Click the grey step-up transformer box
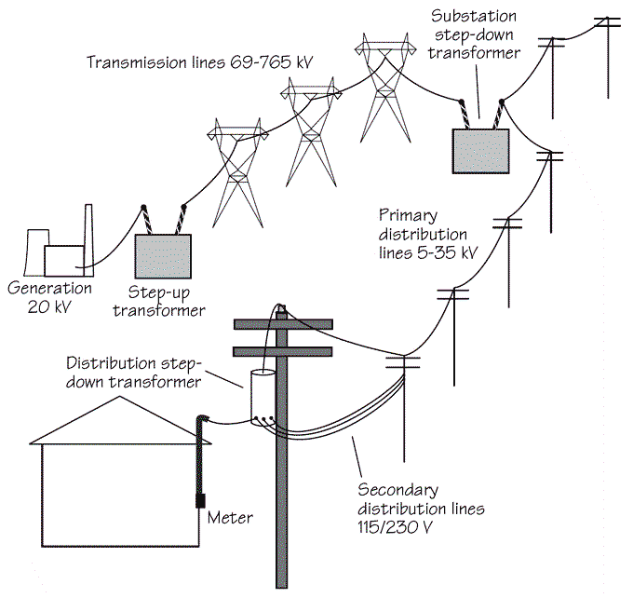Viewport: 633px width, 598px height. [x=163, y=256]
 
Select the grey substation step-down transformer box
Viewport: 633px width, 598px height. [x=480, y=152]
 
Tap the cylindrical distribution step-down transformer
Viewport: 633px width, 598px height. [x=263, y=398]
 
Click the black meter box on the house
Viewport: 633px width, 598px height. [x=200, y=500]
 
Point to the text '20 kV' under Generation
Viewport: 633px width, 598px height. [x=49, y=307]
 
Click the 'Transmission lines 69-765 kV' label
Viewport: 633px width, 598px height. [x=200, y=62]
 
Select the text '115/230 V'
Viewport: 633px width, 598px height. [x=395, y=527]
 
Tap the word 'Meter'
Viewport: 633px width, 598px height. [x=230, y=518]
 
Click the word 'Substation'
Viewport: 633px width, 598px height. [x=474, y=16]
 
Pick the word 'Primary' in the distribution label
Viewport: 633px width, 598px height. [x=408, y=216]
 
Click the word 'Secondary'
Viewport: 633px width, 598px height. [x=398, y=490]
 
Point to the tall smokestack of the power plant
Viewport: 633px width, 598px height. [x=88, y=240]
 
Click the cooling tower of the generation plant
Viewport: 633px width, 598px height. [x=35, y=252]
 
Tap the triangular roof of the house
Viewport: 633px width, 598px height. [x=120, y=420]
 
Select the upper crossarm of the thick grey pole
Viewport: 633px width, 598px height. [x=283, y=324]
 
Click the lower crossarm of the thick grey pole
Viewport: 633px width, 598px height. [x=283, y=351]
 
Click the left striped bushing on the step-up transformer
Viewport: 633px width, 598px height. [x=146, y=221]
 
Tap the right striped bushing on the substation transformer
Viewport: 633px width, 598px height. [x=499, y=115]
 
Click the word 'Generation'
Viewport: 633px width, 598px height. [x=49, y=288]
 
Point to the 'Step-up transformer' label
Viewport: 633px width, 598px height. [x=159, y=302]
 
